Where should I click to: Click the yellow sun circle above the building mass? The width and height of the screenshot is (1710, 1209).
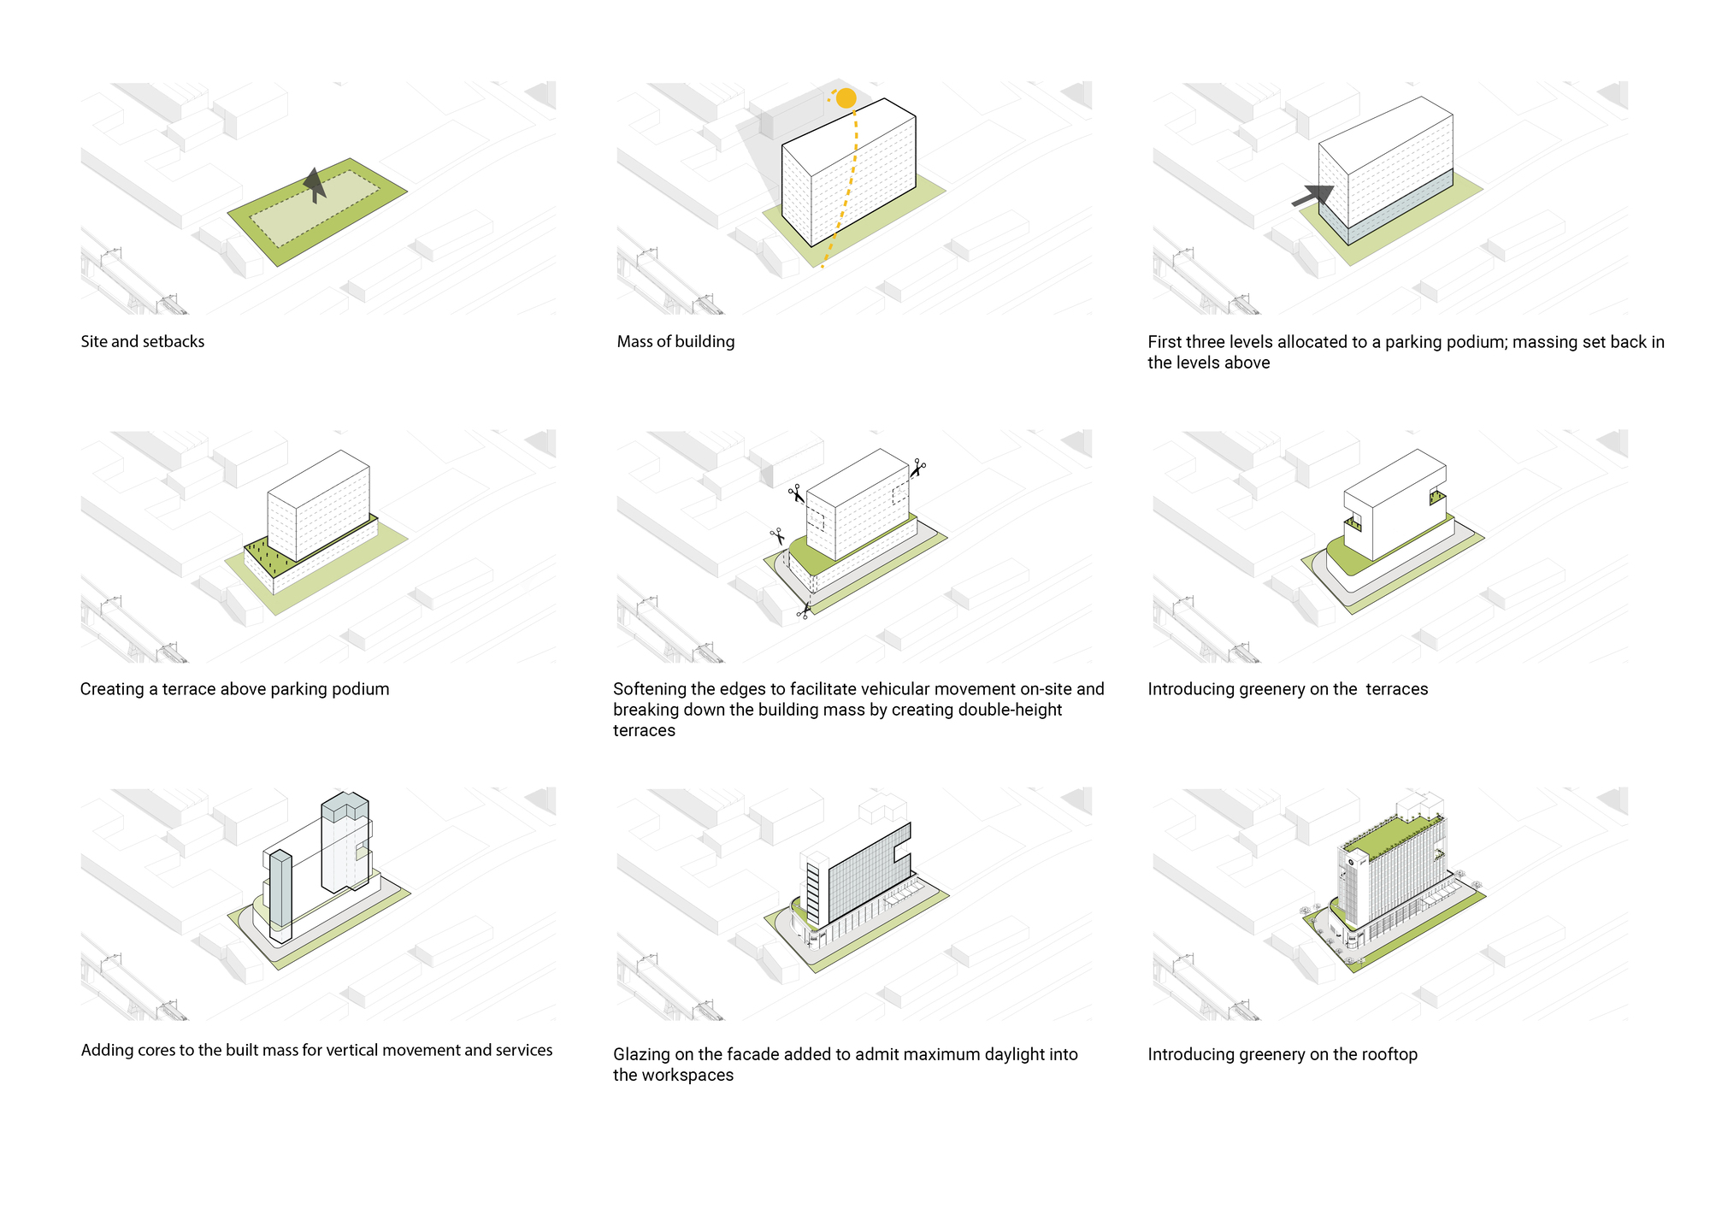click(x=846, y=98)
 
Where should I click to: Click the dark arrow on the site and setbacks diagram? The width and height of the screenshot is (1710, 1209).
click(x=315, y=183)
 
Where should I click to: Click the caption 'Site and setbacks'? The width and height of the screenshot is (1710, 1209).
click(x=143, y=341)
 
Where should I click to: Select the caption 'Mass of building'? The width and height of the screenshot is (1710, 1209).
click(x=675, y=341)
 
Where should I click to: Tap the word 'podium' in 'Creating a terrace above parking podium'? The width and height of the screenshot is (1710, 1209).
click(x=363, y=689)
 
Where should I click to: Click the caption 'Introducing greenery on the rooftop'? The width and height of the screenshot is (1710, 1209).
click(x=1282, y=1054)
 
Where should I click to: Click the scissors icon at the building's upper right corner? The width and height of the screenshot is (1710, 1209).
click(x=917, y=468)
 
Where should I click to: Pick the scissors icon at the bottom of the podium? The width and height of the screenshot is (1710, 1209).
click(x=804, y=610)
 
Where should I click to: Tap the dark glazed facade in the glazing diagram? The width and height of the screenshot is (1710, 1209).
click(x=864, y=872)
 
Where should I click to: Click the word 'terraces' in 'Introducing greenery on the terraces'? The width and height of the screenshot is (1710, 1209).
click(x=1396, y=689)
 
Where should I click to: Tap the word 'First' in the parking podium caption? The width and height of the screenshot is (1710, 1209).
click(x=1165, y=342)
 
